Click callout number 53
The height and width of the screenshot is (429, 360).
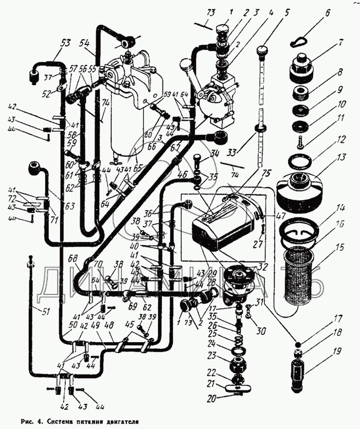(65, 43)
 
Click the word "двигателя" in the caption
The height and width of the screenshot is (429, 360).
(120, 419)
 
